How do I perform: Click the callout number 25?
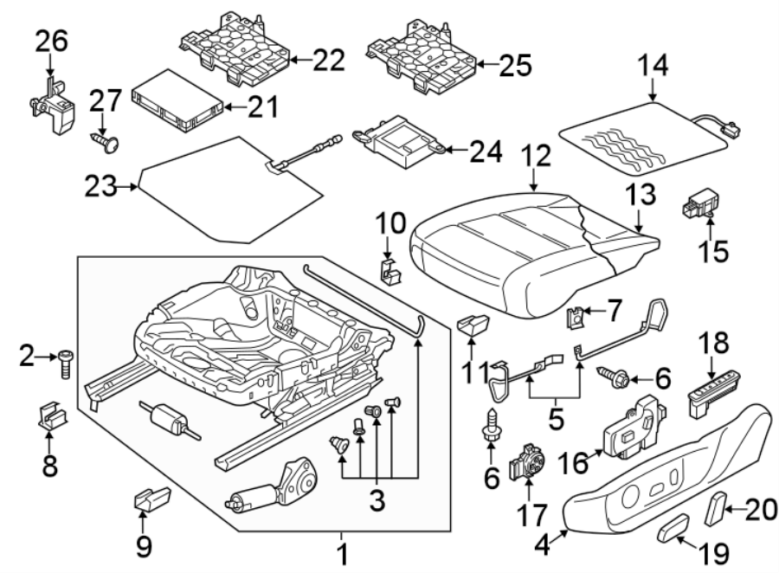512,64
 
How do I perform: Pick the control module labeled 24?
400,141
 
